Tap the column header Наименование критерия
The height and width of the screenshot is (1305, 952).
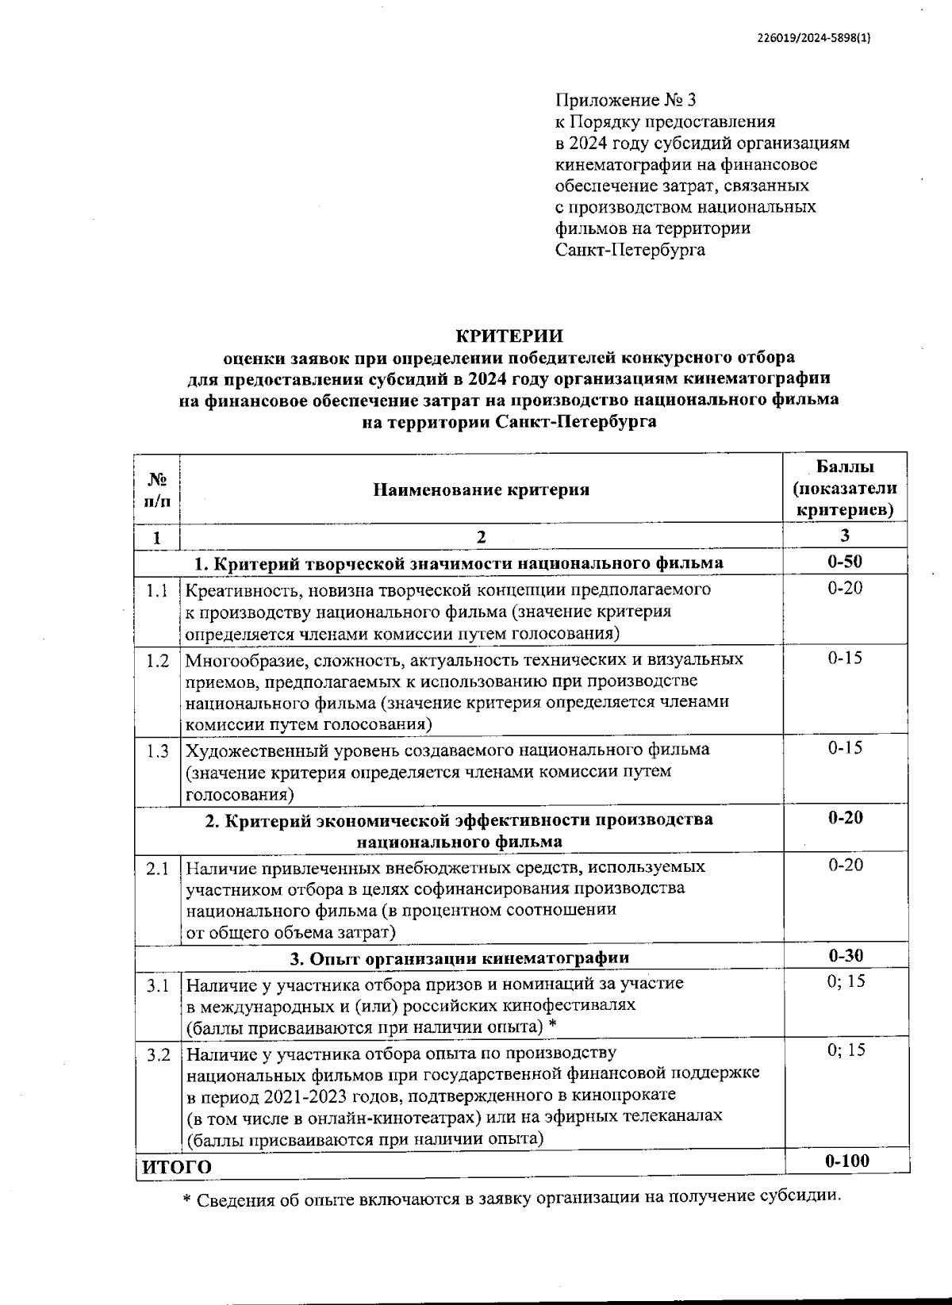point(481,489)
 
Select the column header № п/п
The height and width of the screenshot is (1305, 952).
point(157,489)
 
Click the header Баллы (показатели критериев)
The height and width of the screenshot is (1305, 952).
point(845,488)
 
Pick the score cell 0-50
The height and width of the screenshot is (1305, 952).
point(844,562)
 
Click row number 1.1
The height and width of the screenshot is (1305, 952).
point(157,591)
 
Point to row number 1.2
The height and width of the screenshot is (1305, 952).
point(157,661)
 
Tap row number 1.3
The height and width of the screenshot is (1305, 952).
point(157,750)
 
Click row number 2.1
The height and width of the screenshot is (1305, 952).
point(157,869)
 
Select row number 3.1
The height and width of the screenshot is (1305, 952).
point(157,986)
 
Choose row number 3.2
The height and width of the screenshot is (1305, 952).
point(157,1056)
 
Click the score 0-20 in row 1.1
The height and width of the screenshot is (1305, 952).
point(845,588)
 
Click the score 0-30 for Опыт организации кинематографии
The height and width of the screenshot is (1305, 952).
point(844,956)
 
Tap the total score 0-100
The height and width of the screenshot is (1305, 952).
point(846,1161)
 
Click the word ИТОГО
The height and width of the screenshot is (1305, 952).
point(176,1166)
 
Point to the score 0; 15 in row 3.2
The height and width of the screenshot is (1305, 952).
point(846,1050)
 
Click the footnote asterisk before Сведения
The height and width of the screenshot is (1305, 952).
point(187,1201)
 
